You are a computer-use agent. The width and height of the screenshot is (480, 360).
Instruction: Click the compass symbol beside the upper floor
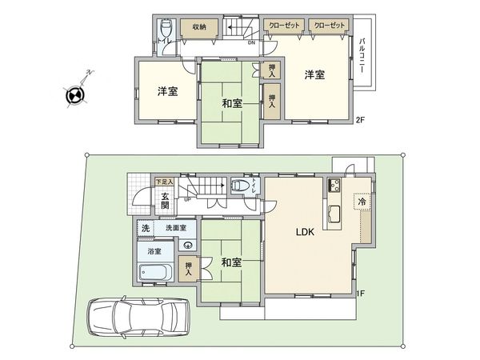pos(74,94)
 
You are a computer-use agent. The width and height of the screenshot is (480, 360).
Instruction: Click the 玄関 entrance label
pos(164,200)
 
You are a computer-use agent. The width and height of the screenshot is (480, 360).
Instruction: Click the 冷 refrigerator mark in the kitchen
pos(361,202)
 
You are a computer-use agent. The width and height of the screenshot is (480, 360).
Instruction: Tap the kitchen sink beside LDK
pos(334,214)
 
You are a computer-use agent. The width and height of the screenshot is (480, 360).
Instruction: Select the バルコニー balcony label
pos(362,55)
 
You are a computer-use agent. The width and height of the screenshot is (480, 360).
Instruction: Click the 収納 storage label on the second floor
pos(199,26)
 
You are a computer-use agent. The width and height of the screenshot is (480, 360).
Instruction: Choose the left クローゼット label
pos(284,26)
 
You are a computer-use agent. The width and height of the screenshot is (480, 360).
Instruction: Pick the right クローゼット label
pos(330,26)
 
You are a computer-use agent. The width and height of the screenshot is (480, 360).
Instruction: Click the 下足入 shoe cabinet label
pos(164,182)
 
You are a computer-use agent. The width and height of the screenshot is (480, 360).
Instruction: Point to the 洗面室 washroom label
pos(175,228)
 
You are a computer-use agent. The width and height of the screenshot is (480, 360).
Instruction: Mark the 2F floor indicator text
pos(360,120)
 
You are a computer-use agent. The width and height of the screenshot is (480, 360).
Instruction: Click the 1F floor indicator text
pos(361,294)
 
